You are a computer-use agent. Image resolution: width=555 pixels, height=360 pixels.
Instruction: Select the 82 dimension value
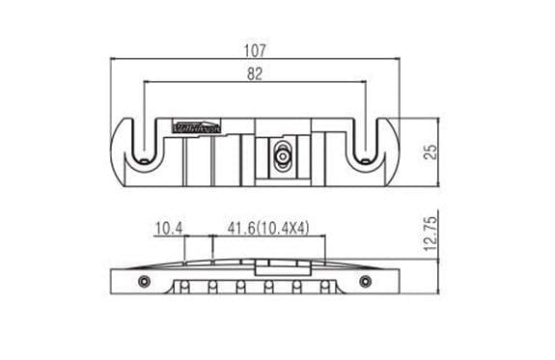click(255, 73)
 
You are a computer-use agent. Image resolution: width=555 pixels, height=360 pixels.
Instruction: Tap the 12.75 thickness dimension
click(431, 234)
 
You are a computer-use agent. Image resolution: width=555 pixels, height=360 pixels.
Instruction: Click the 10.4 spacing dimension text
click(168, 228)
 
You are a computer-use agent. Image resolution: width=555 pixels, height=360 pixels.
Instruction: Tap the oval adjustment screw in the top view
click(282, 154)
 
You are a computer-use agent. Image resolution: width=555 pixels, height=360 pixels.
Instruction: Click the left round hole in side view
click(144, 280)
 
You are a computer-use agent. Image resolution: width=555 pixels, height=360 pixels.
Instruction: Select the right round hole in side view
click(366, 280)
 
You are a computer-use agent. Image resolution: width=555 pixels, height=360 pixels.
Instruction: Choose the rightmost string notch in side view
click(324, 286)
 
